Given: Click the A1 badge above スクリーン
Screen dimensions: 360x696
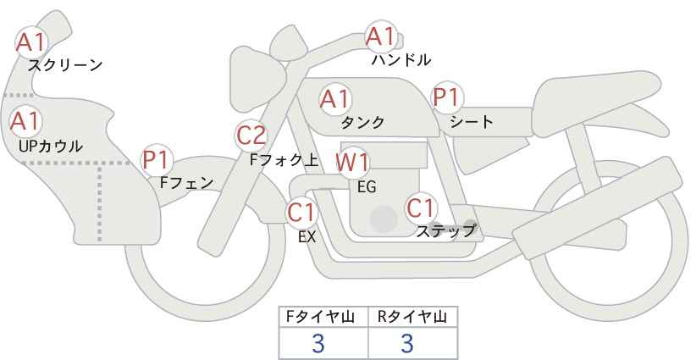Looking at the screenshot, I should tap(32, 40).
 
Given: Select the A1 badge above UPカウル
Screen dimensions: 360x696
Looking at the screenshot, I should tap(25, 120).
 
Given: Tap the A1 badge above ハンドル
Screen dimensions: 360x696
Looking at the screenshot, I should tap(380, 36).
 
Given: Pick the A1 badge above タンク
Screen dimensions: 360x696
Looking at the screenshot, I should tap(334, 98).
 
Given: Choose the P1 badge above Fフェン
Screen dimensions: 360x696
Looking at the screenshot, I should tap(157, 158).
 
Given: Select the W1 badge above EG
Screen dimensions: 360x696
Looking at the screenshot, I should tap(352, 162).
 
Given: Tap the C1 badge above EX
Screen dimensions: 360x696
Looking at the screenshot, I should tap(301, 211).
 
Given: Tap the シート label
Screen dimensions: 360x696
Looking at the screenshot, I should tap(472, 121).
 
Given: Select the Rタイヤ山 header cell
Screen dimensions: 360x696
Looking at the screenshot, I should tap(412, 317).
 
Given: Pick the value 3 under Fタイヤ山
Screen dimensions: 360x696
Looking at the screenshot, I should tap(318, 343).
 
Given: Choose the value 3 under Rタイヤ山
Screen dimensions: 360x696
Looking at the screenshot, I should tap(407, 343).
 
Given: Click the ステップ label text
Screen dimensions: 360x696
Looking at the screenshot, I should tap(446, 230).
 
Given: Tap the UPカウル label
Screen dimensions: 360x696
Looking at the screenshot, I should tap(51, 146).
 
